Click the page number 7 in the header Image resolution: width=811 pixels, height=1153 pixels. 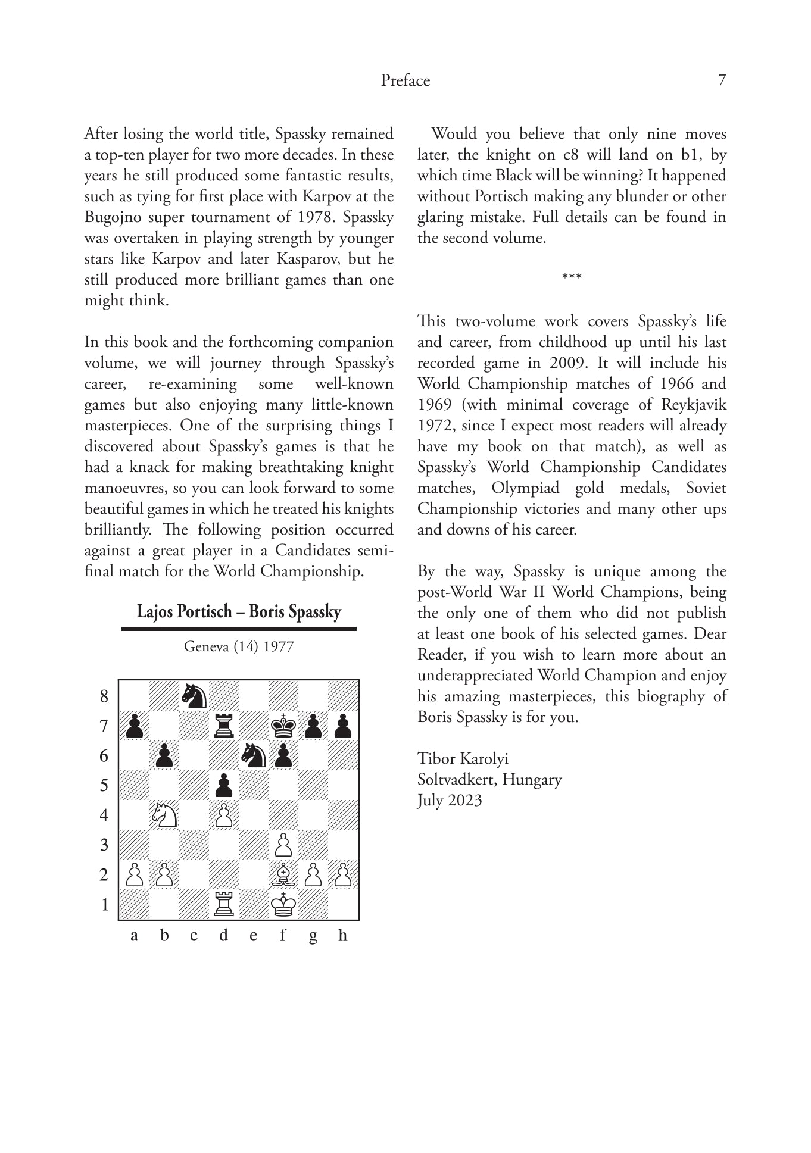coord(722,80)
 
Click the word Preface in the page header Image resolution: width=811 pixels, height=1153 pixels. coord(405,80)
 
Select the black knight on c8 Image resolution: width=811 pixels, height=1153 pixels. coord(194,695)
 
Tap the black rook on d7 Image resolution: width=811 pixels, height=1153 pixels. coord(224,726)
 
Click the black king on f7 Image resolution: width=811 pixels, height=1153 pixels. coord(283,726)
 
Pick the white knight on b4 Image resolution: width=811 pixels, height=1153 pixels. coord(164,815)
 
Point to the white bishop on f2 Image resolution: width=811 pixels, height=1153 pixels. coord(283,874)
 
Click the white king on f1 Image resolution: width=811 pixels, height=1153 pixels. coord(283,905)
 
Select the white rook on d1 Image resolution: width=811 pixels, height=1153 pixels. coord(224,905)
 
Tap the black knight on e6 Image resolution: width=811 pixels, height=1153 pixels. coord(254,755)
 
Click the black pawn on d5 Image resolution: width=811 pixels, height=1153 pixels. coord(224,785)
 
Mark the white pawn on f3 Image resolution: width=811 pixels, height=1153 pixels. coord(283,845)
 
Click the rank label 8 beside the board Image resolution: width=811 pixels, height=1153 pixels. coord(104,696)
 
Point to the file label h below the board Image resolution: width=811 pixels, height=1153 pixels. coord(342,935)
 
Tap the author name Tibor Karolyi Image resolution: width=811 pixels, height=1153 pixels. coord(463,758)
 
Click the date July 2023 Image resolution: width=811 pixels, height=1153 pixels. coord(449,800)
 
